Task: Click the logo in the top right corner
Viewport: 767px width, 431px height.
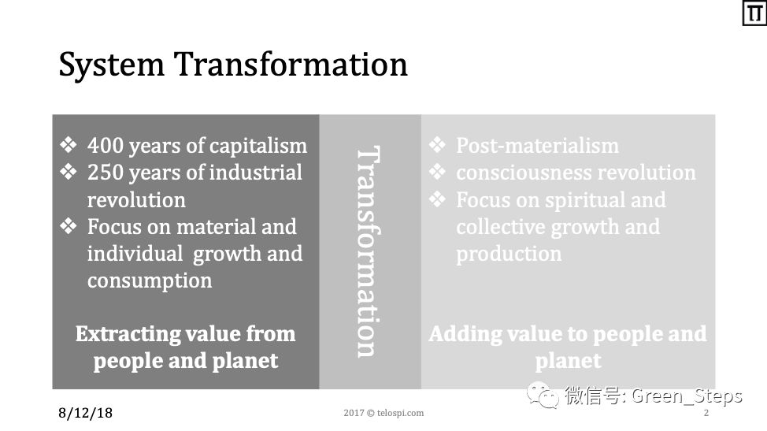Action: click(x=754, y=13)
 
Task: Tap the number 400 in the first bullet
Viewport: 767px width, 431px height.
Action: click(x=105, y=145)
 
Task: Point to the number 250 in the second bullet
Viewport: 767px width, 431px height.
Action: click(x=105, y=173)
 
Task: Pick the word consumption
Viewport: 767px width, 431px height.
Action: click(x=150, y=281)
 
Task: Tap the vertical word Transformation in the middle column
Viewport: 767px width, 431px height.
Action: click(x=368, y=251)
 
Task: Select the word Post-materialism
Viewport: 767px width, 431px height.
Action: click(x=537, y=145)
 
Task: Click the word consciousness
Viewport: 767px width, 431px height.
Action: click(x=523, y=173)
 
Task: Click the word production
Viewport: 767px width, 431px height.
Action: click(x=509, y=255)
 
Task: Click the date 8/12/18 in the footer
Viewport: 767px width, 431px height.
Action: click(x=85, y=413)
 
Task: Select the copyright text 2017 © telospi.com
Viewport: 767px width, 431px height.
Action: click(x=383, y=413)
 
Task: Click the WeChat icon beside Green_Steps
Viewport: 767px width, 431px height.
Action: click(x=543, y=396)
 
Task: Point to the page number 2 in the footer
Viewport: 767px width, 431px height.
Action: click(x=706, y=413)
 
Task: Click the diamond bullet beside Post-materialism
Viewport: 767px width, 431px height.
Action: click(x=437, y=145)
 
